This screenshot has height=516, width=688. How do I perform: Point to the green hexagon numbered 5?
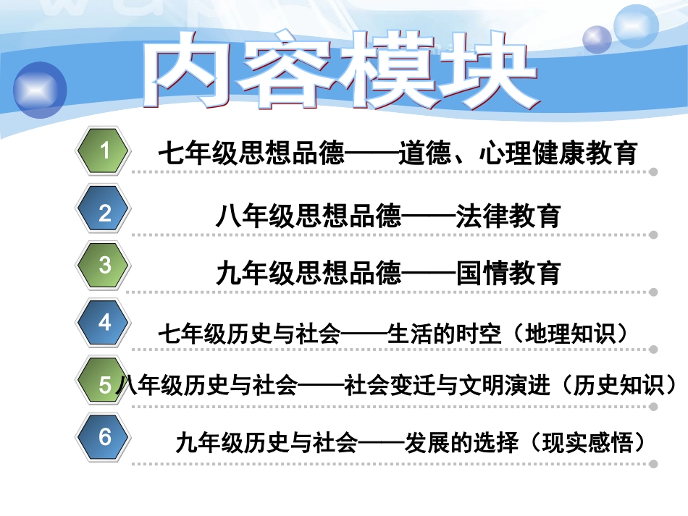pos(104,384)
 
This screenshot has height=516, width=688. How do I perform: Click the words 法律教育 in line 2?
pos(508,216)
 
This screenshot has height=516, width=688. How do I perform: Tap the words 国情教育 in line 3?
pos(508,274)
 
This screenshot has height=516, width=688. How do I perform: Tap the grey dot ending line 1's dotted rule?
pos(653,172)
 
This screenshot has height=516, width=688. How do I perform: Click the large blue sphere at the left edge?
pos(40,90)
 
